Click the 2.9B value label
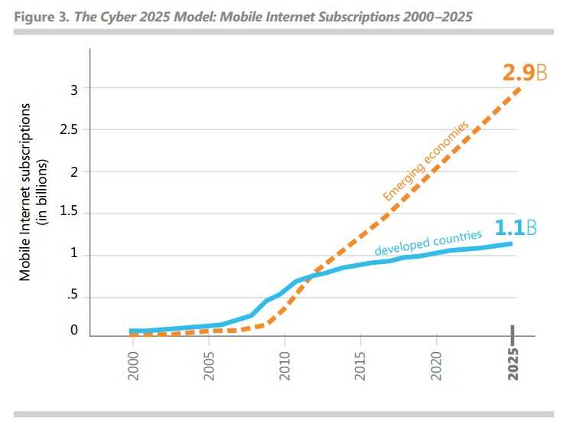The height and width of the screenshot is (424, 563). coord(525,73)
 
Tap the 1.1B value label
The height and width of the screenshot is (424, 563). coord(515,227)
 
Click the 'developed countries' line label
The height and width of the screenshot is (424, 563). coord(428,243)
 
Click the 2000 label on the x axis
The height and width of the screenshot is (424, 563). coord(133,366)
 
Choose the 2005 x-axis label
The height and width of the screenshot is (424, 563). coord(209,366)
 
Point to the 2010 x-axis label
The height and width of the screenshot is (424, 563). coord(285,366)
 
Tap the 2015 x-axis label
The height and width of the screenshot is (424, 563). coord(360,366)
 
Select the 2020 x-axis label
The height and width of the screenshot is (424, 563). coord(436,366)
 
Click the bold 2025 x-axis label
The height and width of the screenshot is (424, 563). coord(513,366)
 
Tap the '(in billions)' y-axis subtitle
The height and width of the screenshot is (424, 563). coord(43,192)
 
